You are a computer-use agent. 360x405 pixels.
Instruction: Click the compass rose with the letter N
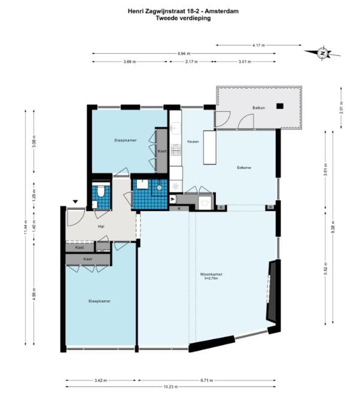coord(322,53)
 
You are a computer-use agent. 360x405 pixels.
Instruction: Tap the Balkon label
coord(258,108)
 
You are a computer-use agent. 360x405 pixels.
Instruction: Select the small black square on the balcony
coord(279,106)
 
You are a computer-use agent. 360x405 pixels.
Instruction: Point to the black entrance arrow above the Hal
coord(75,202)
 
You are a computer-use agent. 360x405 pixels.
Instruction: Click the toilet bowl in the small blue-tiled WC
coord(102,191)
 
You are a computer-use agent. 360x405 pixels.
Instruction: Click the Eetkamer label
coord(244,168)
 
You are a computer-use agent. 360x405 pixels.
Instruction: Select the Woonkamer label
coord(211,275)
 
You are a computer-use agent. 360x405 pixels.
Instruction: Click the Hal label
coord(101,227)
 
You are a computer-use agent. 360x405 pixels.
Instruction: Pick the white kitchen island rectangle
coord(209,147)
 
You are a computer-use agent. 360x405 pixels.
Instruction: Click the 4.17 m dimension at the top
coord(258,45)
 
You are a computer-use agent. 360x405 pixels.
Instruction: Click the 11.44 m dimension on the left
coord(25,227)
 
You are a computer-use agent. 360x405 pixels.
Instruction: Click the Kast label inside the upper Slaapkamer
coord(161,151)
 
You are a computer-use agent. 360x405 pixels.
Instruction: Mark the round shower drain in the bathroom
coord(160,187)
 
